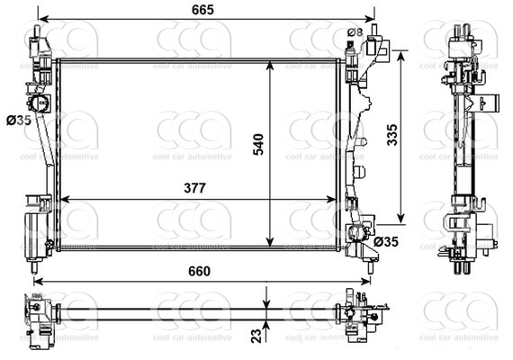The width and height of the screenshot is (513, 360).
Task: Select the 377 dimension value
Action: click(x=193, y=188)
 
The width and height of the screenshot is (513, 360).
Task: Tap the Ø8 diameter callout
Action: click(x=355, y=33)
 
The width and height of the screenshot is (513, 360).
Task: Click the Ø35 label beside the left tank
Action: click(x=18, y=120)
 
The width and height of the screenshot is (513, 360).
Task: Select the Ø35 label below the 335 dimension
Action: click(x=386, y=241)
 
